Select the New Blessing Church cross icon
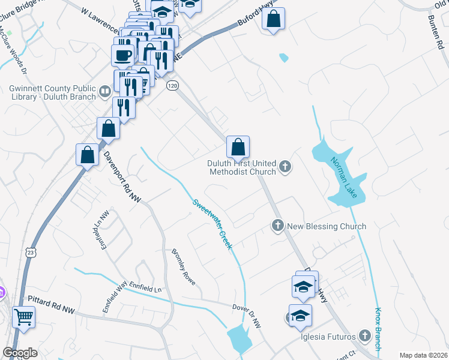tap(277, 226)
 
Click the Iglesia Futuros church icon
tap(364, 336)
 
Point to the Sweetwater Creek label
tap(212, 224)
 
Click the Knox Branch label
tap(378, 329)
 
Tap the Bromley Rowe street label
tap(184, 266)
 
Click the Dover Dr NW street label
tap(247, 316)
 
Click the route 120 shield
tap(173, 86)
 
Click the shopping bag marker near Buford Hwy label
tap(273, 19)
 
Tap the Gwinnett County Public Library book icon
tap(105, 91)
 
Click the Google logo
tap(20, 353)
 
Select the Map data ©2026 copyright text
tap(423, 355)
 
